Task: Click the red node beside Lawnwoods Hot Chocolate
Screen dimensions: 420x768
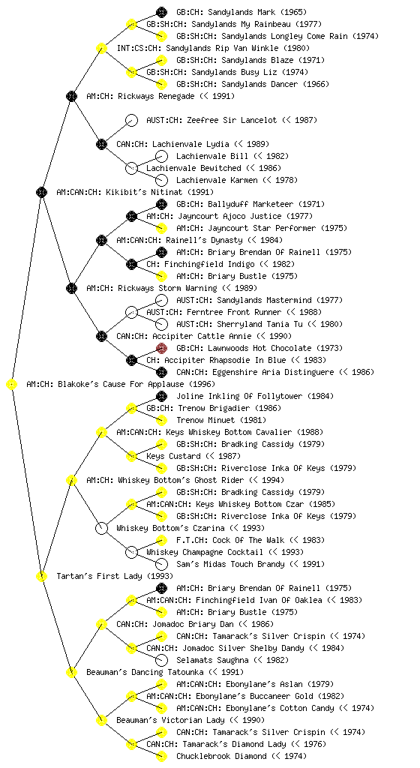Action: (x=161, y=348)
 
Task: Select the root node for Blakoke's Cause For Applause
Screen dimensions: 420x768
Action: (x=12, y=385)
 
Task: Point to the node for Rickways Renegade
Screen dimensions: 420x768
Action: (x=71, y=97)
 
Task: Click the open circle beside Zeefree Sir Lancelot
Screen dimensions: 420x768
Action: (x=131, y=121)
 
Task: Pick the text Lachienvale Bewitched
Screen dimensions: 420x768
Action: (x=193, y=169)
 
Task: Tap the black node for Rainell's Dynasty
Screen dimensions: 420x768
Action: (x=101, y=241)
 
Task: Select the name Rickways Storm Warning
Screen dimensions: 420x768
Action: (x=167, y=288)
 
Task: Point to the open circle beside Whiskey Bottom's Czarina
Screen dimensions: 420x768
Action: (x=101, y=529)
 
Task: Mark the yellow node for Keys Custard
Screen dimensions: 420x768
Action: (x=131, y=457)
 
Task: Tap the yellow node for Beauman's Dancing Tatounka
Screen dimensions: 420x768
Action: (x=71, y=673)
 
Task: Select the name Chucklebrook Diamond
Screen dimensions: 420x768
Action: (x=222, y=756)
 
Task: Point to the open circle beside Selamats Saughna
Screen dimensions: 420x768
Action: (x=161, y=660)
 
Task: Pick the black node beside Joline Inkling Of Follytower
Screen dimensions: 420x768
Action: (x=161, y=396)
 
